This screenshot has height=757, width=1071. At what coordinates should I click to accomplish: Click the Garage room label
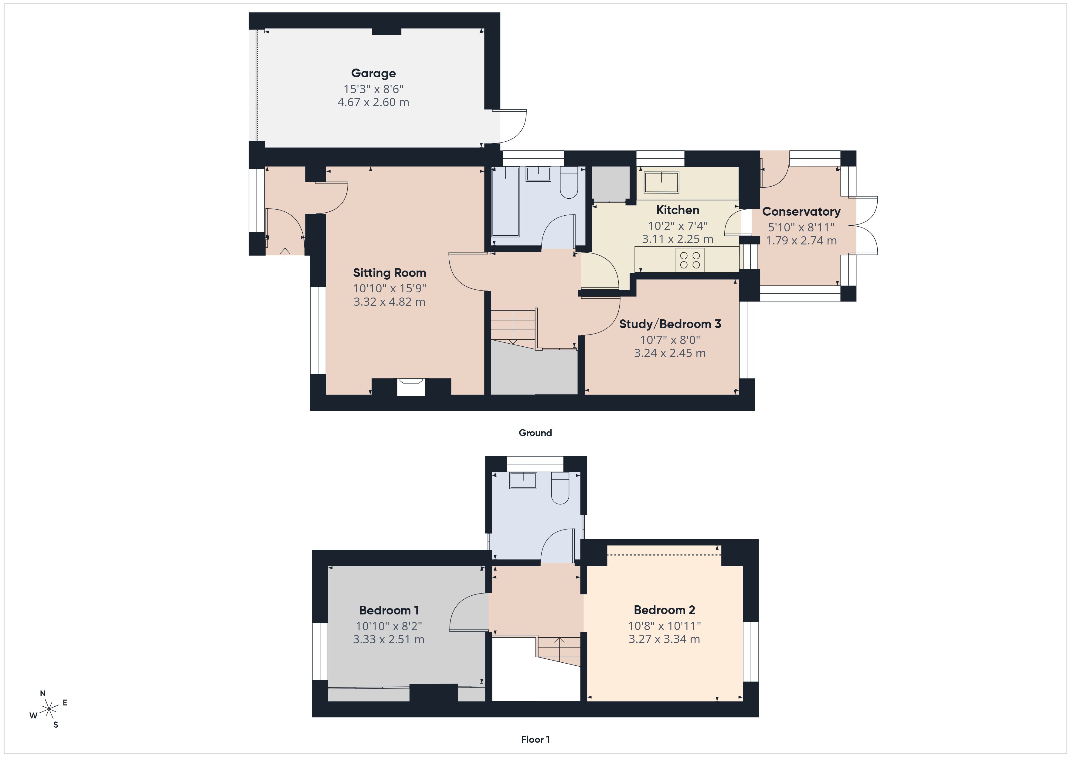point(373,73)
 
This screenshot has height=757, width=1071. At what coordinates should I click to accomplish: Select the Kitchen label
point(677,210)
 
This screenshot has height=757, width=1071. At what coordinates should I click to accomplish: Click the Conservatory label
point(801,212)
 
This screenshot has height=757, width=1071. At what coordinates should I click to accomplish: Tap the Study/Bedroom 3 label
point(670,324)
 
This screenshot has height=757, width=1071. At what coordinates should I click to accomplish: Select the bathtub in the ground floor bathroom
point(506,201)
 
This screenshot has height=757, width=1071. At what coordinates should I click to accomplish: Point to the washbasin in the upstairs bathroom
point(523,480)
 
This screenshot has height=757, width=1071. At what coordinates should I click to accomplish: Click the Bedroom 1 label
point(389,610)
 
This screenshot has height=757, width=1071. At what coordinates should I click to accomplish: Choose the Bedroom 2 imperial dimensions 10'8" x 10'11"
point(664,626)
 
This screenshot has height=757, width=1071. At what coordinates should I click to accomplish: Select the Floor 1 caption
point(535,740)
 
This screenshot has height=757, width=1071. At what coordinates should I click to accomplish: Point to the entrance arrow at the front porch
point(285,252)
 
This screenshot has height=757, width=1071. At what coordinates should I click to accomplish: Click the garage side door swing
point(512,127)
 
